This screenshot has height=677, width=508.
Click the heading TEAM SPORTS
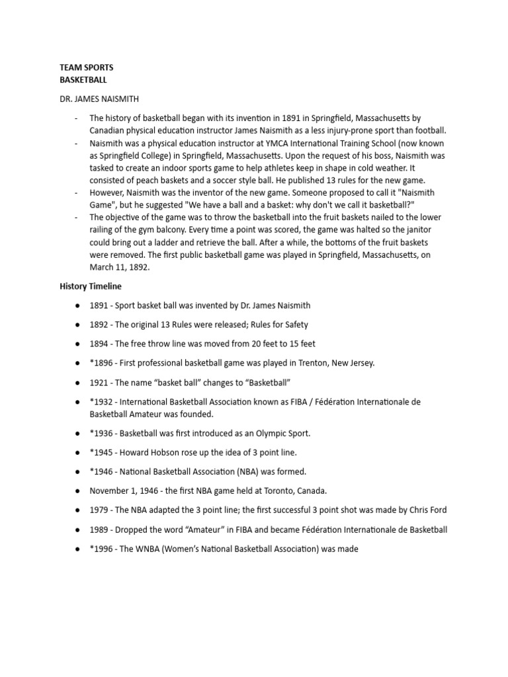[87, 67]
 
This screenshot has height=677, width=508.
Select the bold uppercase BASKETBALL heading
[83, 79]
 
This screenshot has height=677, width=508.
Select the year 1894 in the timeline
[101, 344]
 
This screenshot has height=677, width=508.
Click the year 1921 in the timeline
[101, 383]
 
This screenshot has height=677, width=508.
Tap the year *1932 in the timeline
[102, 402]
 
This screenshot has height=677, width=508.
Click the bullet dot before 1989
[77, 530]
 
